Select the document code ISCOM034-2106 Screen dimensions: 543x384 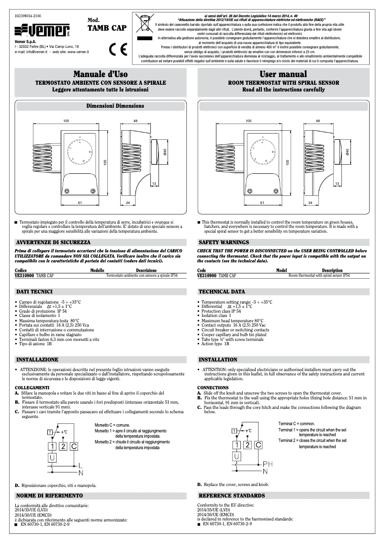(28, 16)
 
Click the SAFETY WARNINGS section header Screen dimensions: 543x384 (224, 242)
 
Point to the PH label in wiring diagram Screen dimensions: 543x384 (270, 464)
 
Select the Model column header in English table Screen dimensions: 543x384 (282, 271)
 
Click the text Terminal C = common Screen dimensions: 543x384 (296, 424)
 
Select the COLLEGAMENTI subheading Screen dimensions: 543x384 (32, 387)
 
